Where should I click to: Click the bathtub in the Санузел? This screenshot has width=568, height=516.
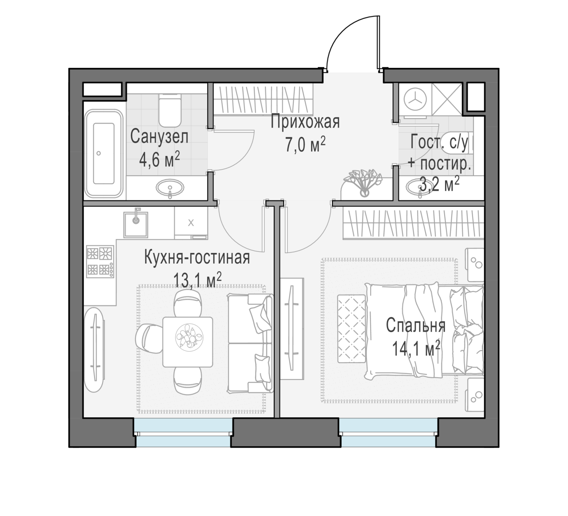104,154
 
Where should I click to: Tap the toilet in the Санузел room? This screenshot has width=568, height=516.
170,111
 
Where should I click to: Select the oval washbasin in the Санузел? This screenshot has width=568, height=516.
170,188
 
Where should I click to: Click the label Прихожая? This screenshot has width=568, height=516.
305,122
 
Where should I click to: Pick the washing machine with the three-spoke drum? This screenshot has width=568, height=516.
415,101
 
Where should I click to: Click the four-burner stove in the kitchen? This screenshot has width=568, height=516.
101,261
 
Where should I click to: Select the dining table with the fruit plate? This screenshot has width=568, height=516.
188,342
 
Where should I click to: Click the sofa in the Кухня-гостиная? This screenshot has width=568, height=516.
251,343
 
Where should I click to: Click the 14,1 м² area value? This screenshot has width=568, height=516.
416,348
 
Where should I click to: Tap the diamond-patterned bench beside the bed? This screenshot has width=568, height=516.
351,328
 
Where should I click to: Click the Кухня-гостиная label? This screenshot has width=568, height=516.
197,258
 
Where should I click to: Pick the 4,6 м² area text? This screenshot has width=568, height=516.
160,159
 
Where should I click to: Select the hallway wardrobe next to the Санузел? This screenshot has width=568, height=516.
263,99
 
